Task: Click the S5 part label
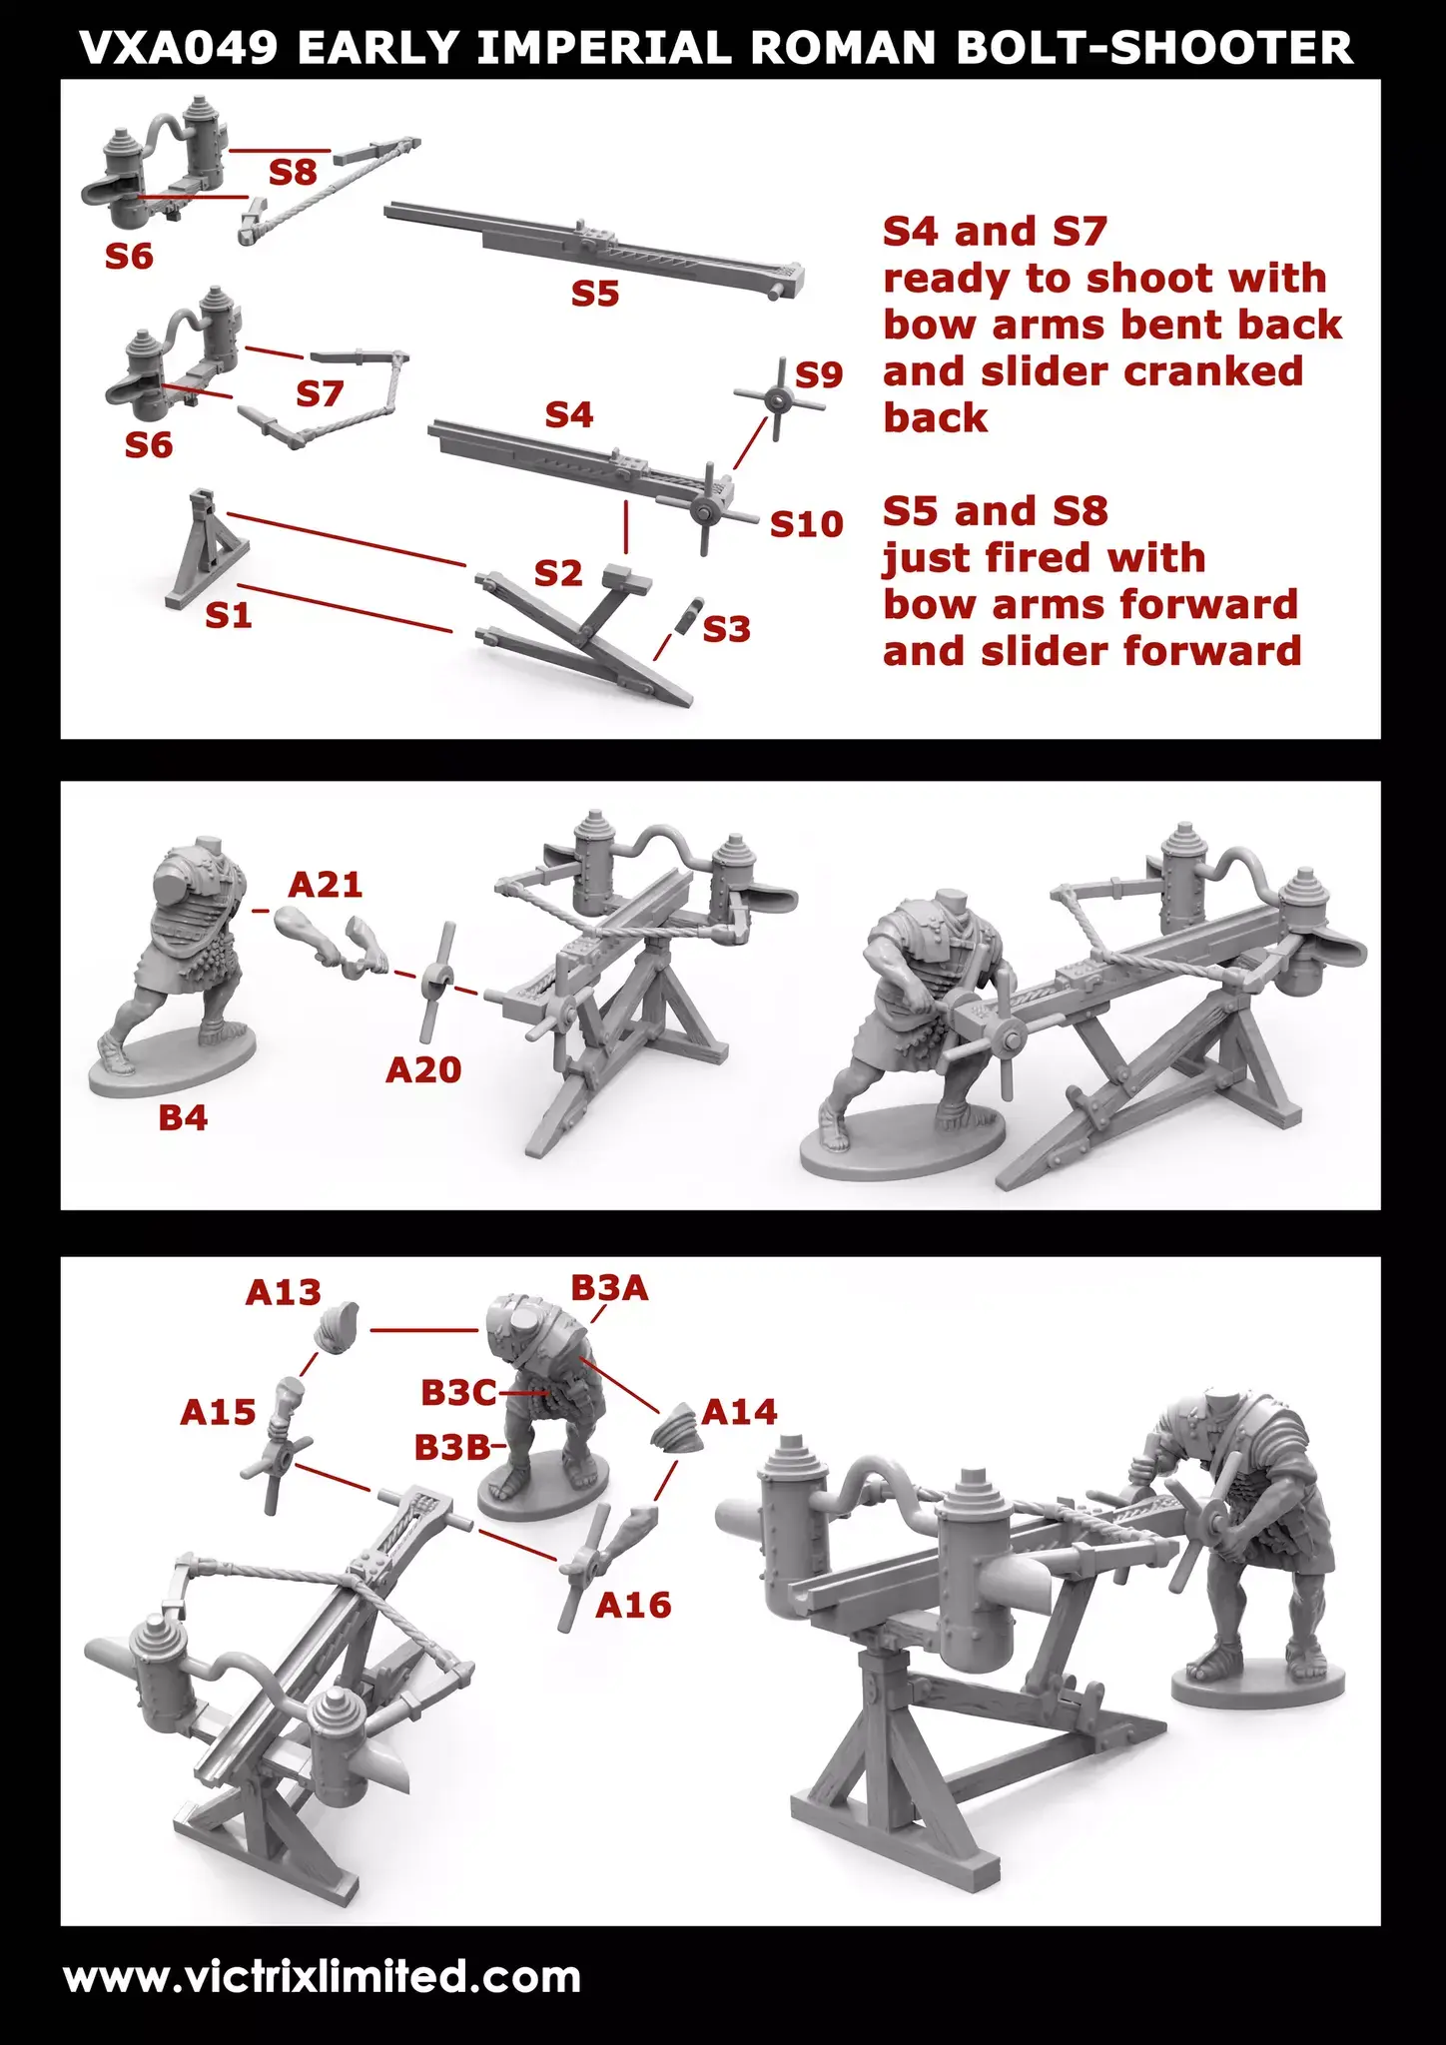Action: click(595, 293)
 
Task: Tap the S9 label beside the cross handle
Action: click(819, 374)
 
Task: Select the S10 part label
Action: click(806, 524)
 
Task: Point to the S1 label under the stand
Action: click(228, 615)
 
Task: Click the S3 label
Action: click(726, 629)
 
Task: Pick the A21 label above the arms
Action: click(325, 884)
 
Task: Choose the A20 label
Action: click(423, 1069)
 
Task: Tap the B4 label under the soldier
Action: click(183, 1117)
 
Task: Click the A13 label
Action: click(283, 1292)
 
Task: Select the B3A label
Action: click(609, 1288)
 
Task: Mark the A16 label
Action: click(633, 1605)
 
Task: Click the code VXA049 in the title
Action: click(179, 47)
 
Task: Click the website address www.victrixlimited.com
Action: click(322, 1976)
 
